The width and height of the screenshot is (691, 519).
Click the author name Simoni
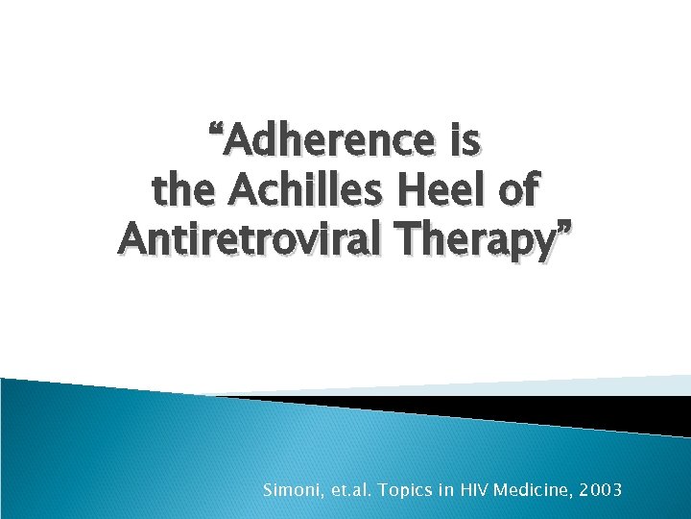290,490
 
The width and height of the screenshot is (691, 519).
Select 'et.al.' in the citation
350,490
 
